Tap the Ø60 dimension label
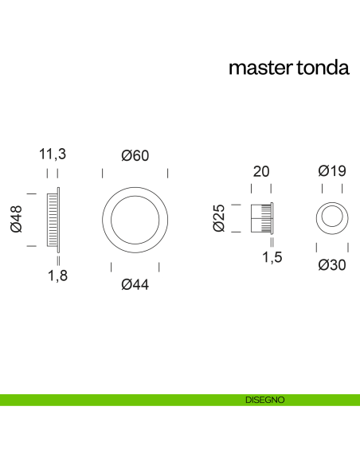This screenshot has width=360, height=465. tap(135, 156)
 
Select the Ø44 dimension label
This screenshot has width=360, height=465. tap(135, 284)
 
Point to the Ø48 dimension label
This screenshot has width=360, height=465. tap(16, 219)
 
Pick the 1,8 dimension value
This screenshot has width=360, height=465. tap(57, 276)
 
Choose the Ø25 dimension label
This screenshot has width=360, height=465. tap(219, 218)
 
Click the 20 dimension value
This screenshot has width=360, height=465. tap(261, 171)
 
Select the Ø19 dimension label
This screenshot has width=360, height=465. tap(331, 170)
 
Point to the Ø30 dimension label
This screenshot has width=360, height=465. tap(331, 265)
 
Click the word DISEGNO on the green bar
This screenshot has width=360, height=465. tap(265, 400)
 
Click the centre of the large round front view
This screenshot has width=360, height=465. tap(135, 219)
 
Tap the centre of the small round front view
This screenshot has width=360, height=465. tap(331, 218)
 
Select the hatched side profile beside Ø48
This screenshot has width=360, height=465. tap(53, 219)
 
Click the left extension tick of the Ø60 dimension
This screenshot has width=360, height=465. tap(103, 174)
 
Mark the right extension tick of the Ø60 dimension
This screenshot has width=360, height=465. tap(168, 174)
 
